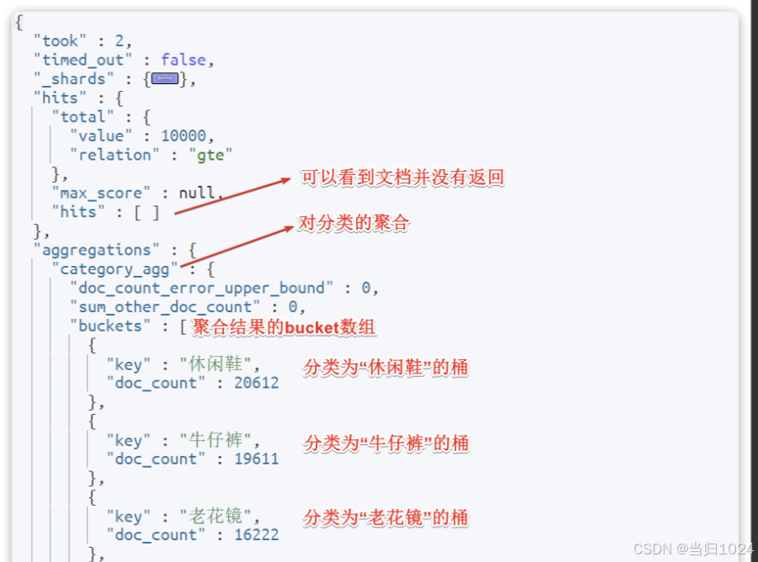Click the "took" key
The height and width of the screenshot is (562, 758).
click(60, 40)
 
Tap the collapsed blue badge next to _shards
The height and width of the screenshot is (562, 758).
click(165, 79)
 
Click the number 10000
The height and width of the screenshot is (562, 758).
click(188, 135)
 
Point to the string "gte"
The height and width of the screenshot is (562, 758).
click(210, 155)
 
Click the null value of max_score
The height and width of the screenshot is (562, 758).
click(197, 193)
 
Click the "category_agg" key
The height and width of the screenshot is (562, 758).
click(115, 269)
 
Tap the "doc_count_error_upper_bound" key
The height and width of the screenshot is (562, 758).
click(202, 288)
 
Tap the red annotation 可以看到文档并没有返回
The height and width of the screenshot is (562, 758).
click(402, 178)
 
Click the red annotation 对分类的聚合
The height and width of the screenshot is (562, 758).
click(353, 224)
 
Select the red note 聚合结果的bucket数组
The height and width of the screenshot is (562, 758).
click(284, 326)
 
